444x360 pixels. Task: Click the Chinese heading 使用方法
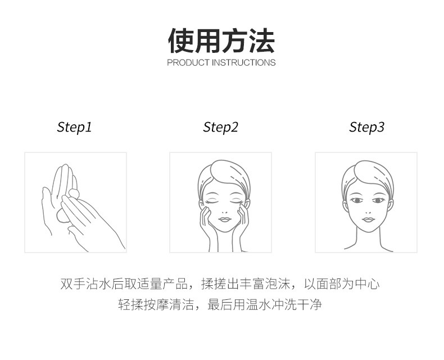(x=221, y=40)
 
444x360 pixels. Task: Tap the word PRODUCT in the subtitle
(x=188, y=62)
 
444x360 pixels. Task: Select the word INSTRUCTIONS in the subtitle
(x=243, y=62)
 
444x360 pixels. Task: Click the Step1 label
(x=74, y=127)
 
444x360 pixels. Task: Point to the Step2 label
(x=220, y=127)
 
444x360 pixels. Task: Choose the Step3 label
(x=366, y=127)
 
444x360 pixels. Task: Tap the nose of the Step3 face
(x=368, y=208)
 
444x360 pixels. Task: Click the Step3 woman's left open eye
(x=356, y=200)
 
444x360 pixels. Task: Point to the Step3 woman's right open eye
(x=379, y=200)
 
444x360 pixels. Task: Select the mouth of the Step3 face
(x=368, y=219)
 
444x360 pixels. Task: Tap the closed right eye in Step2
(x=236, y=200)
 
